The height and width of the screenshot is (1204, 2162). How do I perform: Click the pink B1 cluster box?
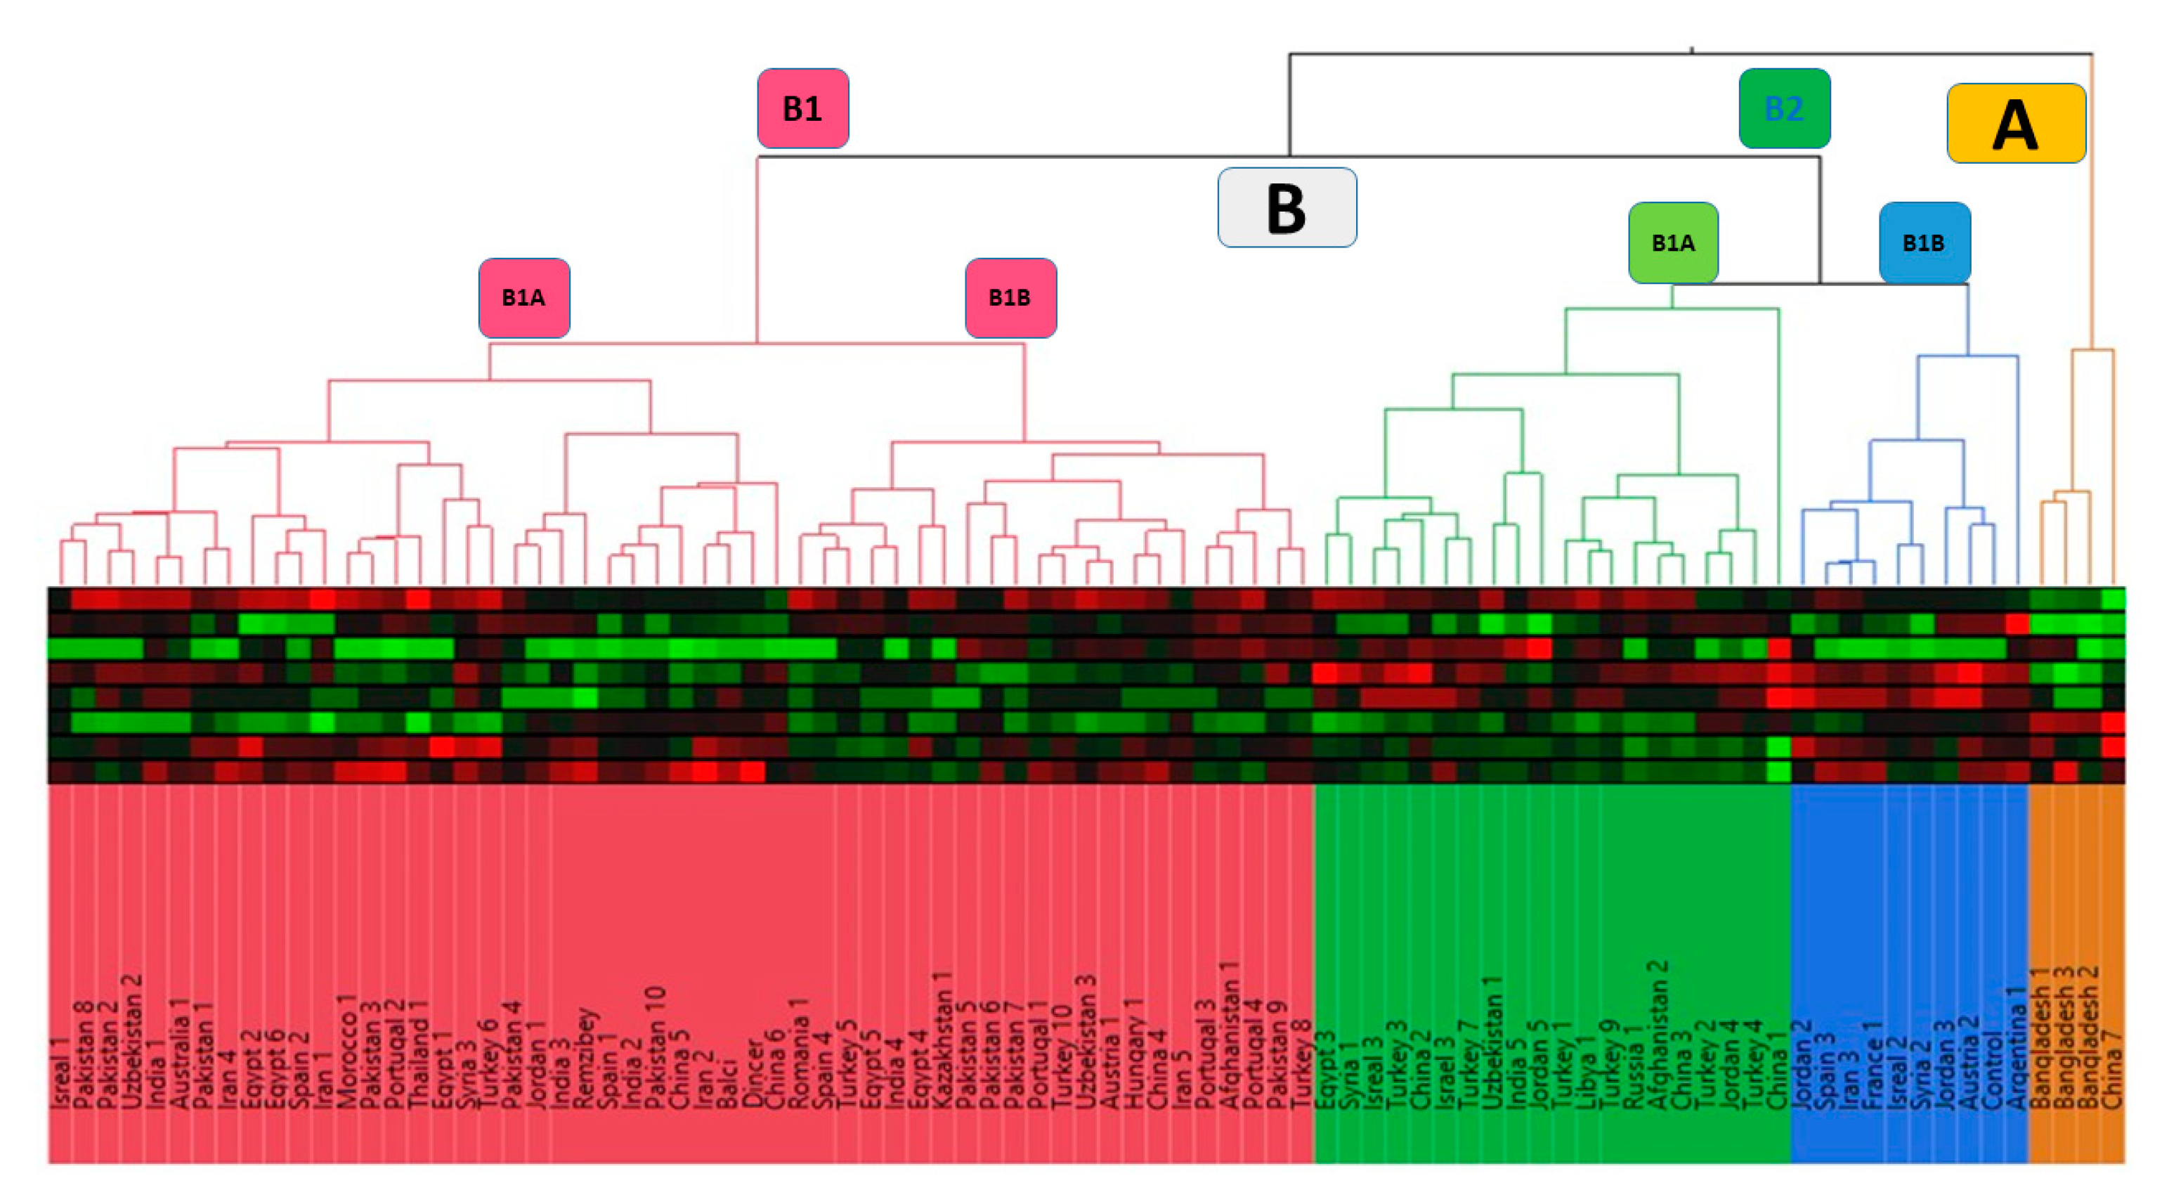click(x=802, y=109)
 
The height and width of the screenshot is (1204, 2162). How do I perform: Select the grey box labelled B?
click(x=1287, y=207)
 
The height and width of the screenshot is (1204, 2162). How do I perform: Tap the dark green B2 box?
click(x=1783, y=109)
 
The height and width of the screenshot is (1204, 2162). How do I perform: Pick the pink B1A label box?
click(x=523, y=298)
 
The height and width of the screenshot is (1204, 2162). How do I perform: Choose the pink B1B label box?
click(x=1010, y=298)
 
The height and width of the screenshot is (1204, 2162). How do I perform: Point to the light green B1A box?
click(x=1673, y=242)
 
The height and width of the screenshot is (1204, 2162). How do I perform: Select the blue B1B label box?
click(x=1924, y=242)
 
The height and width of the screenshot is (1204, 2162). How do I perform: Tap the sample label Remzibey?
click(x=586, y=1058)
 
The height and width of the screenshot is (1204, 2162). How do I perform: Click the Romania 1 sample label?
click(x=799, y=1053)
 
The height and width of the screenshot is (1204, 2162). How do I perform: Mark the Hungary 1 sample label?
click(x=1134, y=1053)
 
